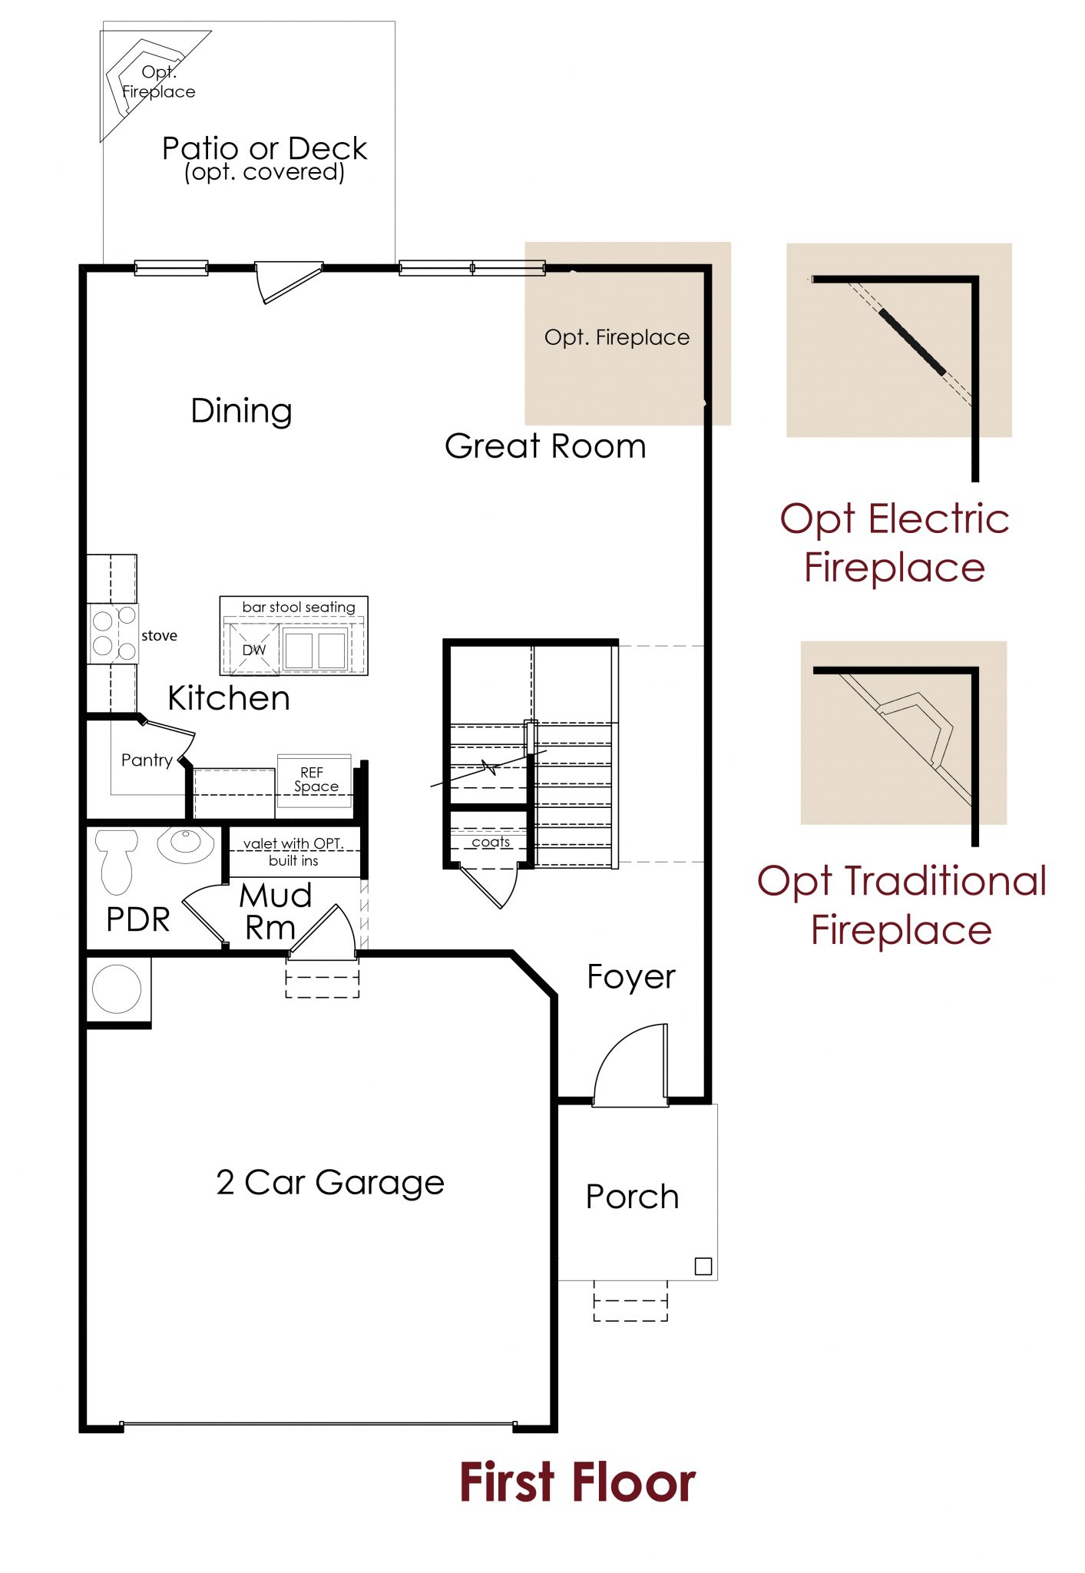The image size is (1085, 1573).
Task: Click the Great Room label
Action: (545, 446)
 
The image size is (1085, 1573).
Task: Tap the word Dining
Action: (241, 411)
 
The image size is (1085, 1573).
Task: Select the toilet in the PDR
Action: (116, 862)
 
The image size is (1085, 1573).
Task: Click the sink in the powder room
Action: (185, 843)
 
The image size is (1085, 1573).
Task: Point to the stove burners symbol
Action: (114, 633)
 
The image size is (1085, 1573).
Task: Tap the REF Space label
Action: (315, 780)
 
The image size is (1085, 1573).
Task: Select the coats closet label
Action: (491, 842)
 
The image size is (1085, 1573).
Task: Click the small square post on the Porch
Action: (703, 1266)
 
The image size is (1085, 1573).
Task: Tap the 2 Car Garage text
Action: (330, 1183)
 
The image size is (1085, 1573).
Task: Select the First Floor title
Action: (577, 1482)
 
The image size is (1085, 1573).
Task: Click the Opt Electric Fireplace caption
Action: (895, 542)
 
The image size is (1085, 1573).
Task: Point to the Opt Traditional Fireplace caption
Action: (901, 905)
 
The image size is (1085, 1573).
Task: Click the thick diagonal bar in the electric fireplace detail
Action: (912, 342)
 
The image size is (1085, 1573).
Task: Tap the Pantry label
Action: (147, 760)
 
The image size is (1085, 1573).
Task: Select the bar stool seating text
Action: (299, 607)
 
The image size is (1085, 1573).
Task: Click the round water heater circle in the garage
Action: (117, 989)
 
